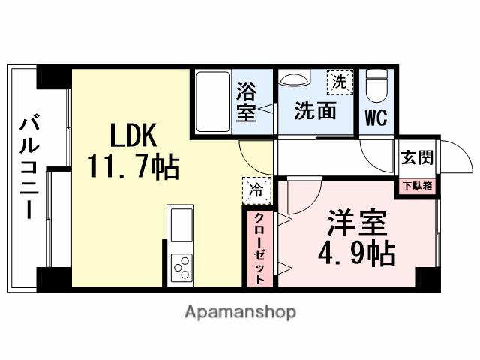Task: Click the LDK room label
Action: point(133,136)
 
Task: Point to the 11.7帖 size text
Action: point(133,166)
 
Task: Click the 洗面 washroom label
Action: point(314,112)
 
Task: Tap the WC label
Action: point(376,119)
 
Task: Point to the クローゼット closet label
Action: point(259,248)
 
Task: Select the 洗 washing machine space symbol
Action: point(339,82)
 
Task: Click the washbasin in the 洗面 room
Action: point(294,80)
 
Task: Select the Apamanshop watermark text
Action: point(239,311)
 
